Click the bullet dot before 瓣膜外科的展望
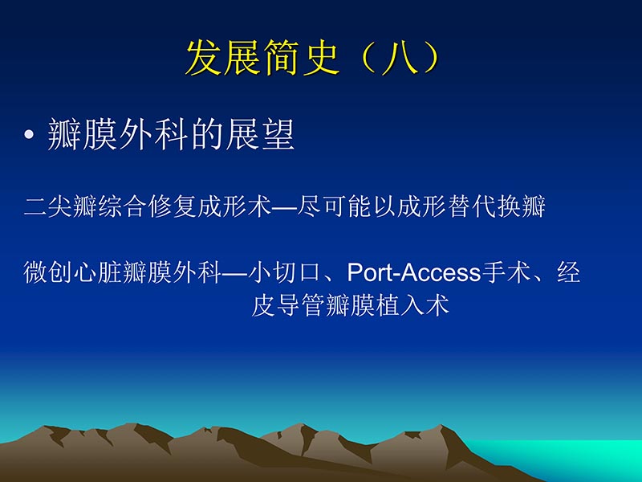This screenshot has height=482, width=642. (x=30, y=137)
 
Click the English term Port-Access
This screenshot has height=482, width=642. (x=413, y=273)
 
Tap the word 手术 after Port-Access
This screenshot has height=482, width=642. (x=501, y=273)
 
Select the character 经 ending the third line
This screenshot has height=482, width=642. (x=569, y=273)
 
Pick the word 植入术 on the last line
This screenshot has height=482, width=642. (x=420, y=306)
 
